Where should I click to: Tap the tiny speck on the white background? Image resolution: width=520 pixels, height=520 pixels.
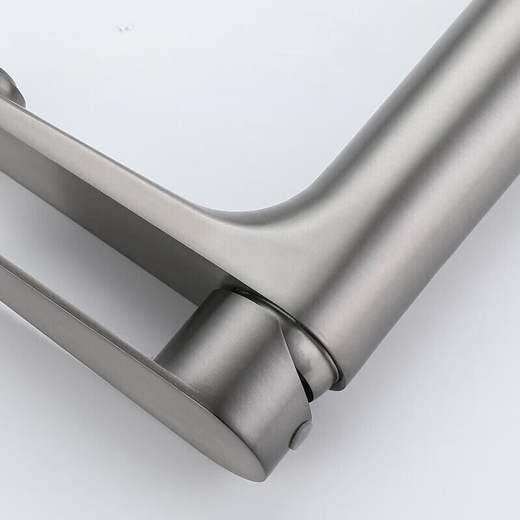(x=123, y=28)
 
